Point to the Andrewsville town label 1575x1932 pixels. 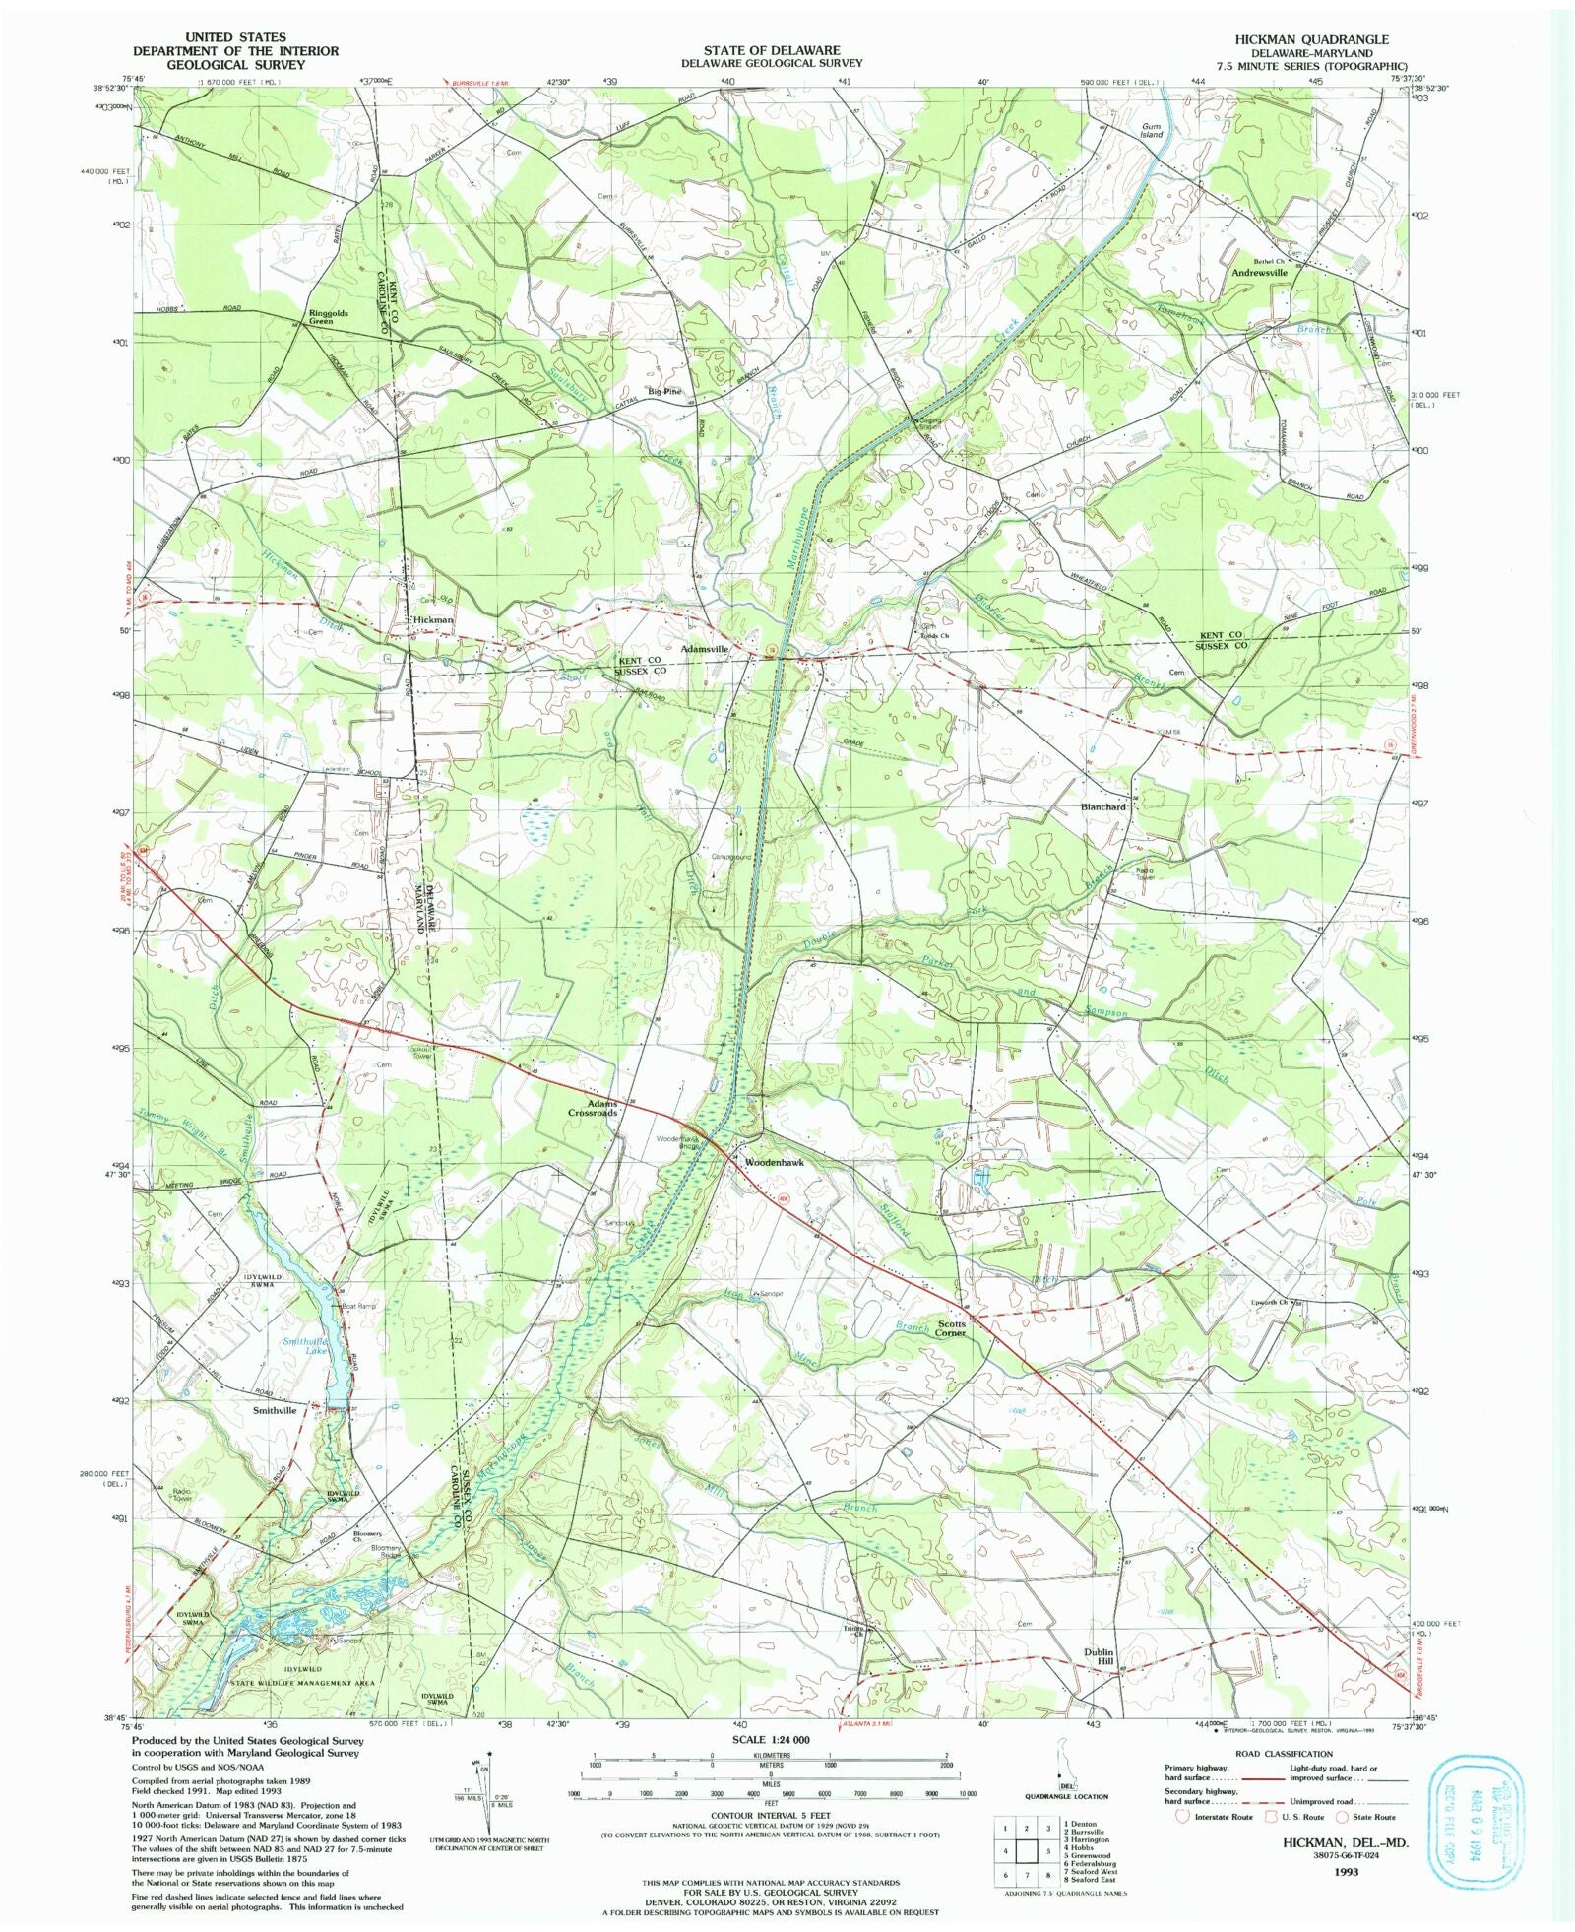pos(1259,273)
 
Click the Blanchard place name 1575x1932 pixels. pos(1102,806)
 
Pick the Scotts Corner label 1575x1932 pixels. pos(951,1328)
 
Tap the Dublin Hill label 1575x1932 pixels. pos(1099,1656)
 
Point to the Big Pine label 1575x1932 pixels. pos(664,391)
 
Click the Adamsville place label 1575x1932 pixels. pos(705,650)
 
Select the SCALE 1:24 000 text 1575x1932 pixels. pos(772,1740)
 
